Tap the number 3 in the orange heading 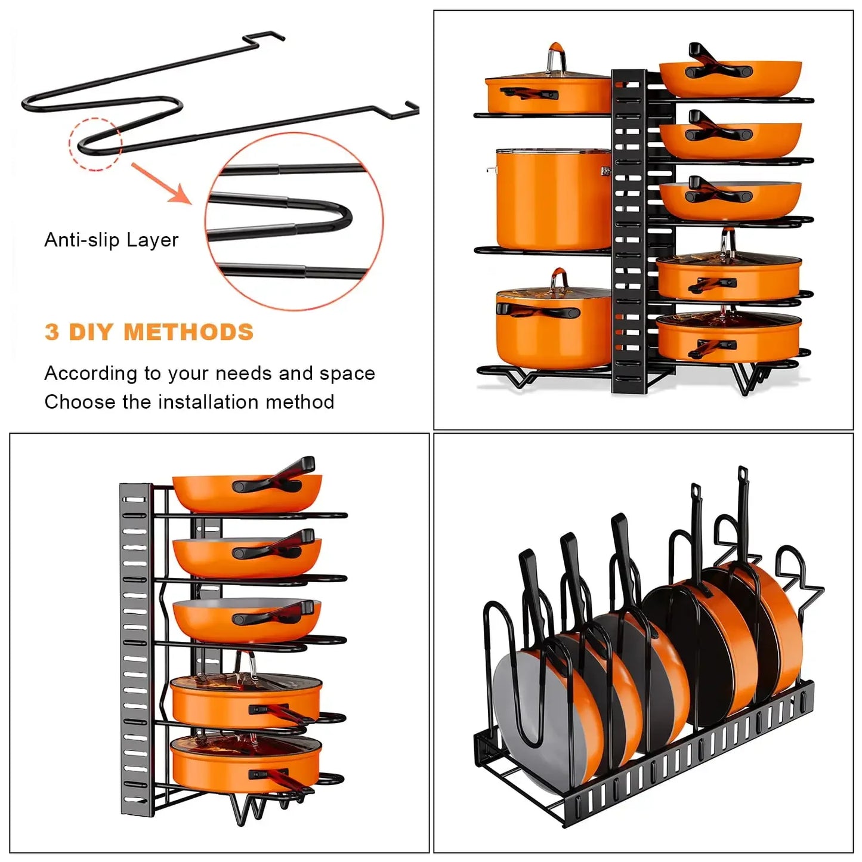point(52,332)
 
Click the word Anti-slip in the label point(83,240)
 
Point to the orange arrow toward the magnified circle point(161,183)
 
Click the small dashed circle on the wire point(95,144)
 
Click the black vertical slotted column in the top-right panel point(629,233)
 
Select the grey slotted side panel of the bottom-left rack point(134,644)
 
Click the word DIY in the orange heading point(91,332)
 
